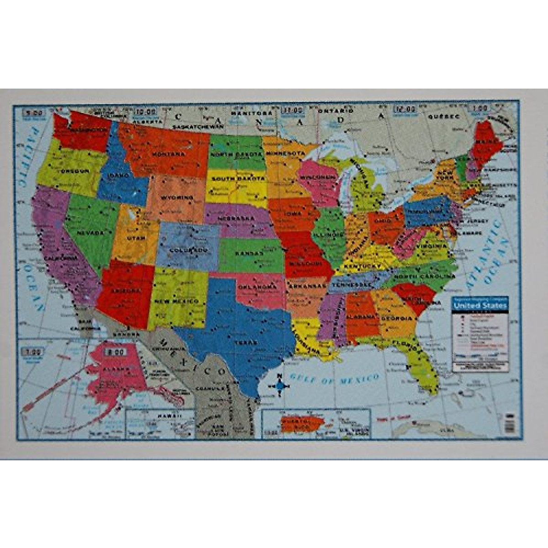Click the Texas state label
(x=246, y=342)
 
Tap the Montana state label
(x=169, y=154)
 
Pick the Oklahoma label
(x=258, y=287)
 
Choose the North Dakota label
(x=237, y=154)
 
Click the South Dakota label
(x=238, y=179)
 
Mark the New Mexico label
(x=176, y=301)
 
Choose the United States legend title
(x=480, y=305)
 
